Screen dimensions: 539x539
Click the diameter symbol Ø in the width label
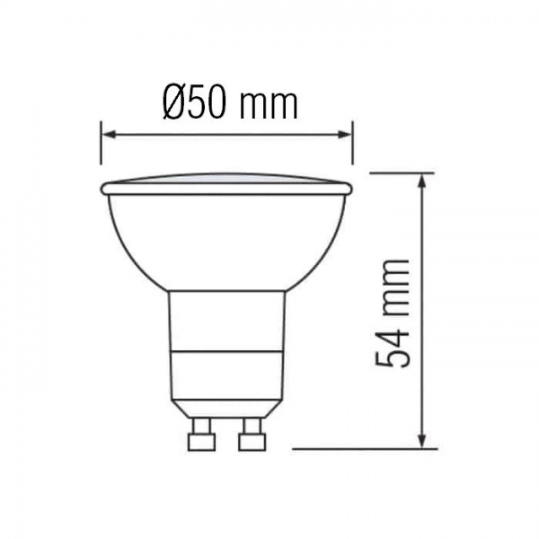pos(175,103)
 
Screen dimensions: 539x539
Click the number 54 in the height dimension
pos(393,345)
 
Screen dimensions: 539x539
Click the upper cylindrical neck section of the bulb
pos(226,319)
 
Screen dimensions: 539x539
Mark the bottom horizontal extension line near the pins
pos(359,448)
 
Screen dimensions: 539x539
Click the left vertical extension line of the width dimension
pos(102,144)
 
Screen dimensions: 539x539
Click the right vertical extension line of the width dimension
pos(352,144)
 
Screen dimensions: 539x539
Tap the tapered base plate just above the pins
pos(226,409)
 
